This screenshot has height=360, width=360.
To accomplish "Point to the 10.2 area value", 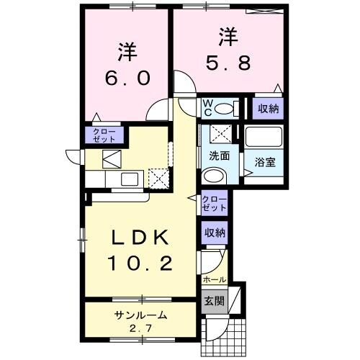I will (140, 265).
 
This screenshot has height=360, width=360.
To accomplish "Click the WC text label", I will (207, 108).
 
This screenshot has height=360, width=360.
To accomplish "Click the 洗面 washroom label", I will (219, 156).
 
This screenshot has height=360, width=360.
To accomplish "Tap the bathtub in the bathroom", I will (264, 138).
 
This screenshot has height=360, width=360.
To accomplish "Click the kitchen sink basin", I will (130, 179).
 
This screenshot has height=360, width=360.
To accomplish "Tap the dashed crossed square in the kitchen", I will (156, 176).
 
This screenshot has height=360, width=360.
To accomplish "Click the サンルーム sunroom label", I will (140, 315).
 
